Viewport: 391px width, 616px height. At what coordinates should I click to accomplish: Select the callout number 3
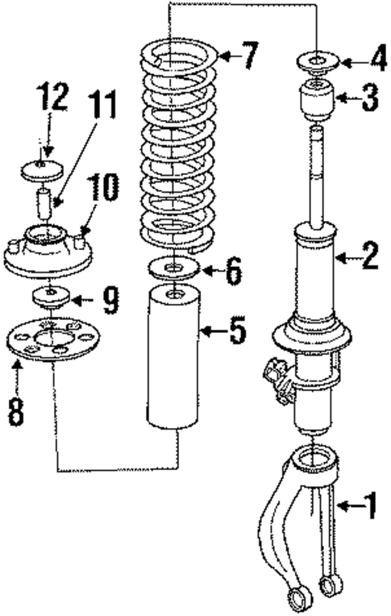[x=368, y=99]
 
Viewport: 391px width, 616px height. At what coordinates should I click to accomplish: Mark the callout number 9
[x=110, y=302]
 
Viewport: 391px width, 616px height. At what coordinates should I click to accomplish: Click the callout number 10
[x=105, y=190]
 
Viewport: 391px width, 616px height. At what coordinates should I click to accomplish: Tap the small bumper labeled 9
[x=49, y=297]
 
